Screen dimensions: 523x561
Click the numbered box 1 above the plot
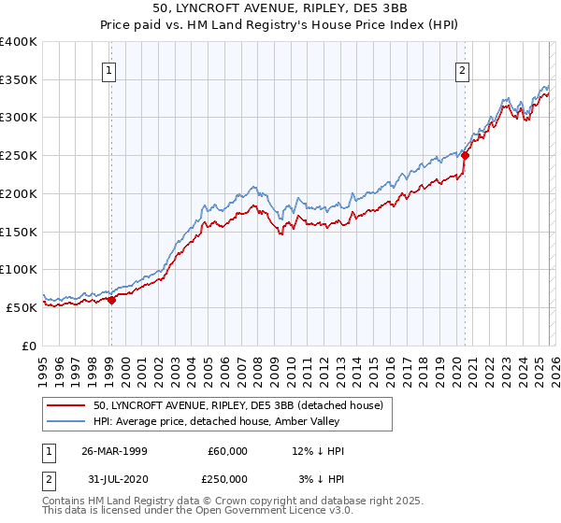coord(110,69)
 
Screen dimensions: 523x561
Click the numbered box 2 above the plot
coord(463,69)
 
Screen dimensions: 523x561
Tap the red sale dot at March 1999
coord(111,300)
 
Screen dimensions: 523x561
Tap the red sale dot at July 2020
coord(465,156)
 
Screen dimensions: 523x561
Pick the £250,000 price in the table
coord(228,478)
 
